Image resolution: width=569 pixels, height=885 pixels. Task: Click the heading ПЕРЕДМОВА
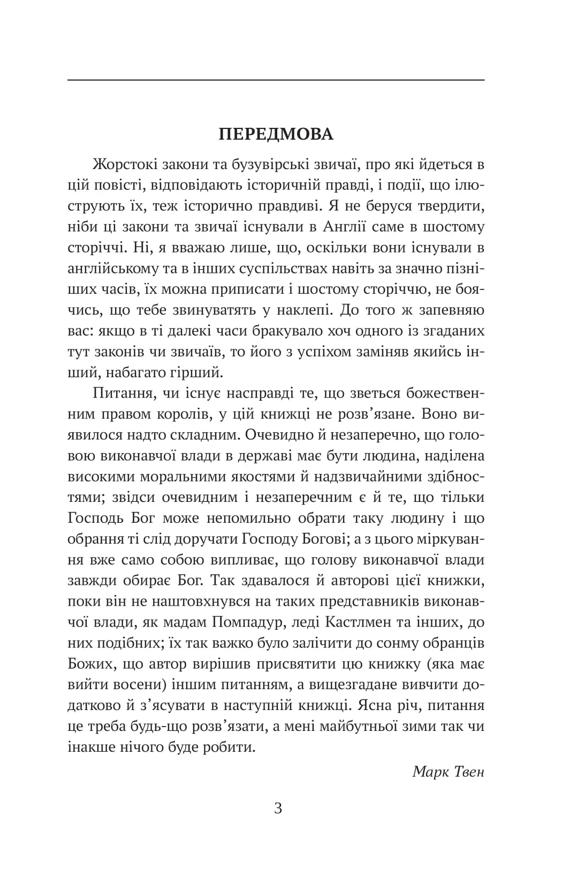276,134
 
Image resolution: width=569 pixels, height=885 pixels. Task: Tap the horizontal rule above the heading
276,80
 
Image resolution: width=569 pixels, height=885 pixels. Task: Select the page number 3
278,808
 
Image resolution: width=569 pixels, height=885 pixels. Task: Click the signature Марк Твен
448,771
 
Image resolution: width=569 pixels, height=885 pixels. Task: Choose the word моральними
190,477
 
